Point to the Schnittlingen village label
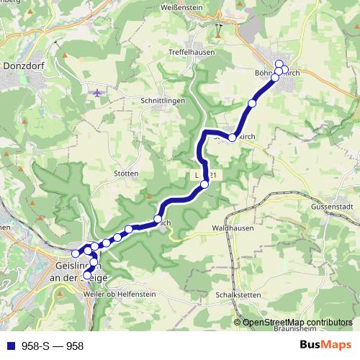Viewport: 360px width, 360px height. [x=163, y=101]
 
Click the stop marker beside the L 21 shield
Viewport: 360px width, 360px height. [x=204, y=184]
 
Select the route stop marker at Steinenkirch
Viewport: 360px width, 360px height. [x=232, y=137]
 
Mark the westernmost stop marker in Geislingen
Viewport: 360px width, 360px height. [x=75, y=253]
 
